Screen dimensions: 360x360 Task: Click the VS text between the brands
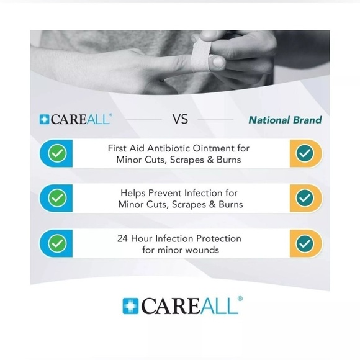click(180, 119)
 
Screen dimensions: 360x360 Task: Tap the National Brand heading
click(285, 120)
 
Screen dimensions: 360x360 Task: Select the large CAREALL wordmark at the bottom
click(189, 305)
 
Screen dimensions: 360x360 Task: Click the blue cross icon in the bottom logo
click(131, 306)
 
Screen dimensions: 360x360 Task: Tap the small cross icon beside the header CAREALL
click(44, 119)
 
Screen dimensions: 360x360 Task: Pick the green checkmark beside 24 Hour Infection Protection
click(57, 243)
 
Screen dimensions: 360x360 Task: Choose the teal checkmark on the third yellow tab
click(304, 243)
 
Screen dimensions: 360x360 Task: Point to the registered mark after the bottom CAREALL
click(240, 299)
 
